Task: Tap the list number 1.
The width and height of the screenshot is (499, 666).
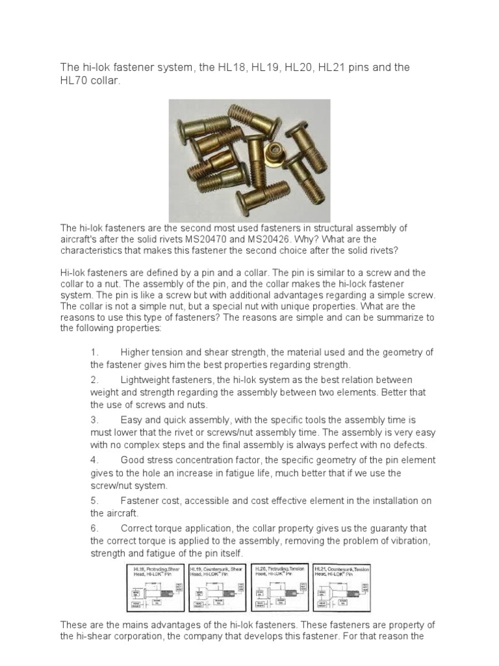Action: pos(94,353)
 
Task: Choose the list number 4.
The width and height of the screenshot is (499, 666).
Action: pos(94,460)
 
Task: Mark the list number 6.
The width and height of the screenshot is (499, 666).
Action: pos(94,528)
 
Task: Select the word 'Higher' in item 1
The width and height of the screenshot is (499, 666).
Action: pos(136,353)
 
